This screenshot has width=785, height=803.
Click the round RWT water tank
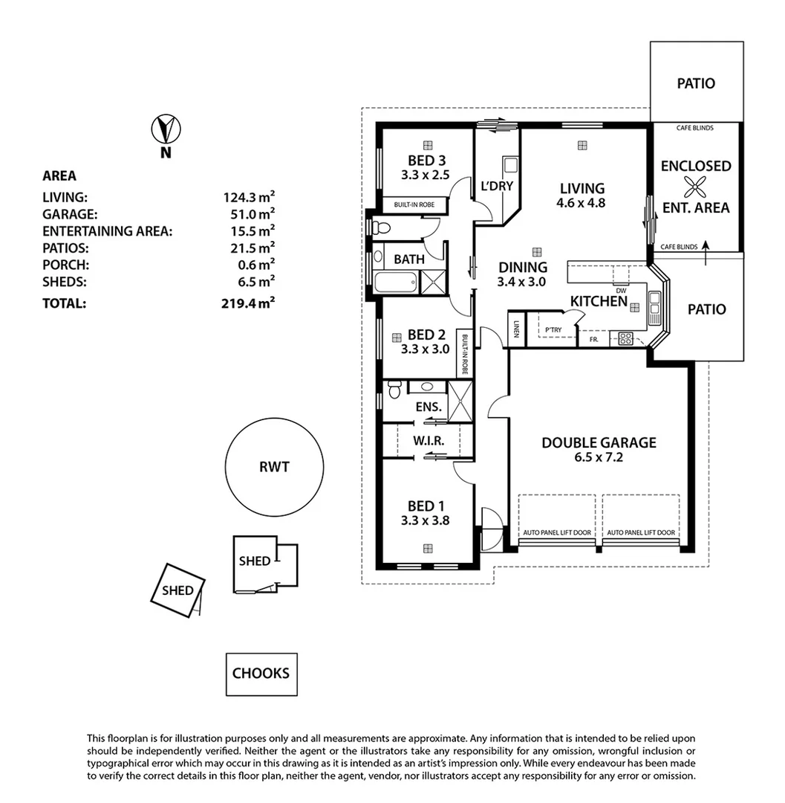274,467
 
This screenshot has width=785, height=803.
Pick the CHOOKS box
261,674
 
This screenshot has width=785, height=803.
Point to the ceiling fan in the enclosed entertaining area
696,187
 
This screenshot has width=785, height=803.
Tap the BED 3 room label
427,161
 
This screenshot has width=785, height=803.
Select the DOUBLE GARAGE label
599,442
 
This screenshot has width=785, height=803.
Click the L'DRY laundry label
497,186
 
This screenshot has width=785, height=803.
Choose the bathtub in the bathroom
394,283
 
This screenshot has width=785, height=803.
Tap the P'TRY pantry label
553,329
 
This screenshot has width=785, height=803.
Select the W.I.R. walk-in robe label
429,441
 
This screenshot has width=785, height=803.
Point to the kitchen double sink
654,306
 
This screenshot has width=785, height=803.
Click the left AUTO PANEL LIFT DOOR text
557,532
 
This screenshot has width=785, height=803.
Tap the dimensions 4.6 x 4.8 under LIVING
582,202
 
